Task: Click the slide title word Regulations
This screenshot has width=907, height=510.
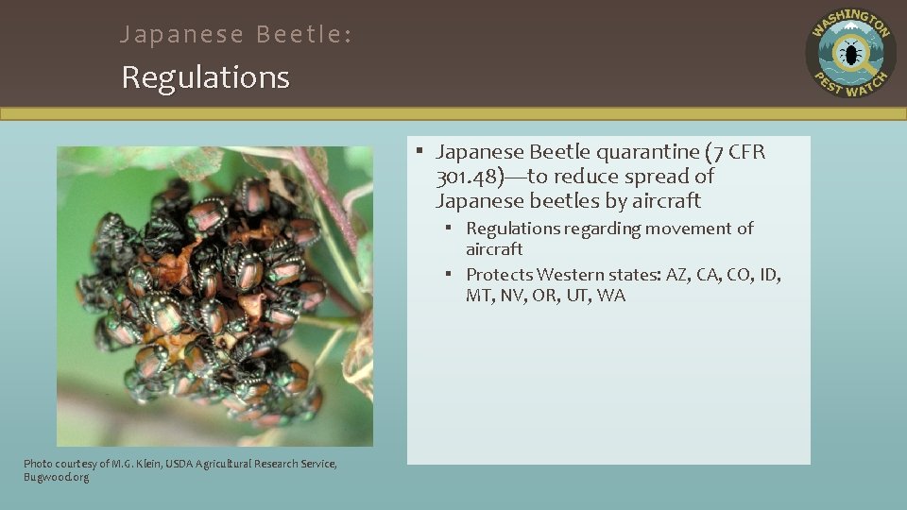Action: (x=205, y=77)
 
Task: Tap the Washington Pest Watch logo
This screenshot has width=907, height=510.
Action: (x=850, y=53)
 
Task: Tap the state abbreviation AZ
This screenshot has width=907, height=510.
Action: (x=677, y=275)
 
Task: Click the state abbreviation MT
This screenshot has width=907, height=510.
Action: (x=478, y=296)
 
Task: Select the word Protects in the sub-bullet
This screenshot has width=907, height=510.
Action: (x=499, y=275)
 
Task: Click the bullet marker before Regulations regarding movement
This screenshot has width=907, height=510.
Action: (x=453, y=229)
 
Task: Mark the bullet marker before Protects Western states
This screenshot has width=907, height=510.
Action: (x=453, y=275)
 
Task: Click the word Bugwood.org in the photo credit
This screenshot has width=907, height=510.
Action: (x=57, y=477)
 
